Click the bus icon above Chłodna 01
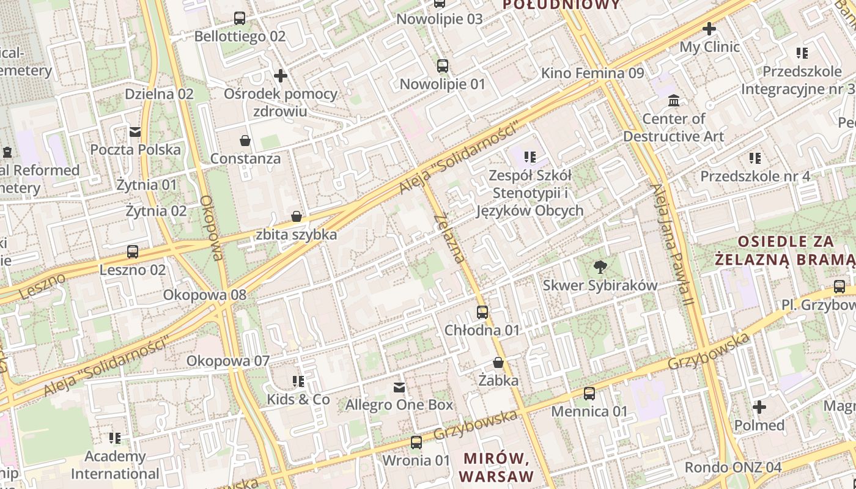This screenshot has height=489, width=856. (482, 312)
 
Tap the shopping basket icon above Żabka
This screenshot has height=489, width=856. (498, 362)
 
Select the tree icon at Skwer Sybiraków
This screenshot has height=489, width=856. (600, 267)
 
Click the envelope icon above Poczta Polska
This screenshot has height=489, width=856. (135, 131)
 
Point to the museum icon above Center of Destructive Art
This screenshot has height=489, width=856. (674, 100)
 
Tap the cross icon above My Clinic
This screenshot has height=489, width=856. (709, 29)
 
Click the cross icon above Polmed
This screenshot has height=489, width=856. (759, 406)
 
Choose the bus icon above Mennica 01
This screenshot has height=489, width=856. (589, 394)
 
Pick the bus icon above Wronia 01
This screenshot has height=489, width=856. (416, 442)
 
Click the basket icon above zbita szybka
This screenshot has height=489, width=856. (297, 216)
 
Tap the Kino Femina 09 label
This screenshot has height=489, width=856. (592, 73)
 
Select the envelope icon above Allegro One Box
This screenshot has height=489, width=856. (399, 387)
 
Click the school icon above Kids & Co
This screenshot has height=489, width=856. (298, 381)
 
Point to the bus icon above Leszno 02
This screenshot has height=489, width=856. (133, 251)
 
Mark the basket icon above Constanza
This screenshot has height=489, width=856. (245, 141)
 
